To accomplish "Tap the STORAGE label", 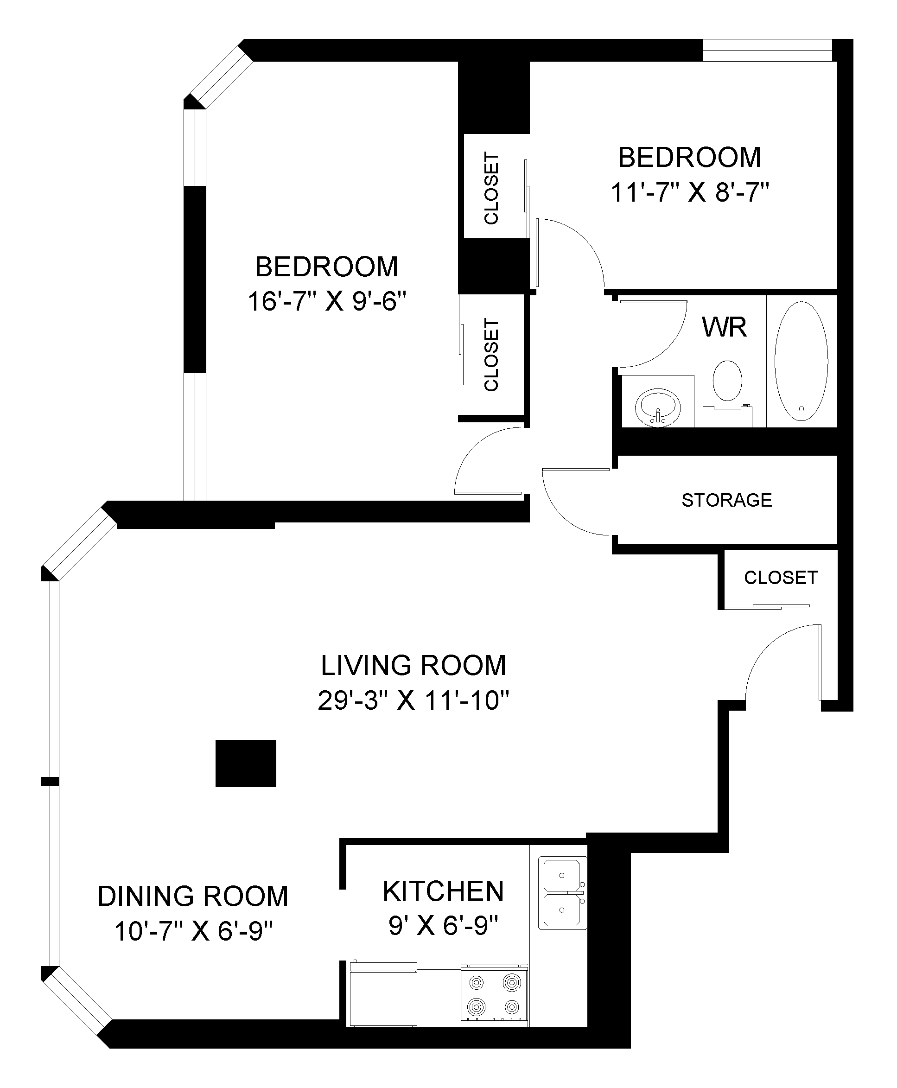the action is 726,500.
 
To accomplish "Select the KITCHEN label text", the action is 443,891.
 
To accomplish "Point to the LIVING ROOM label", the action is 414,665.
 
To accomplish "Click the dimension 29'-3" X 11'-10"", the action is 414,701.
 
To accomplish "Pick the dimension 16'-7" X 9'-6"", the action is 326,301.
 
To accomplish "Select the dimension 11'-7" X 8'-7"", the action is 690,193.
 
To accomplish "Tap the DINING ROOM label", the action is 193,897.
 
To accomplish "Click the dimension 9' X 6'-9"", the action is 443,925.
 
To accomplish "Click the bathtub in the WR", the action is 801,361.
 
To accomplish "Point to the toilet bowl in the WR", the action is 727,381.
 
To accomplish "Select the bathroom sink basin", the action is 658,407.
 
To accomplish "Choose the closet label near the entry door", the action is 780,578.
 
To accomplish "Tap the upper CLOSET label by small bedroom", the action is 491,188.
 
